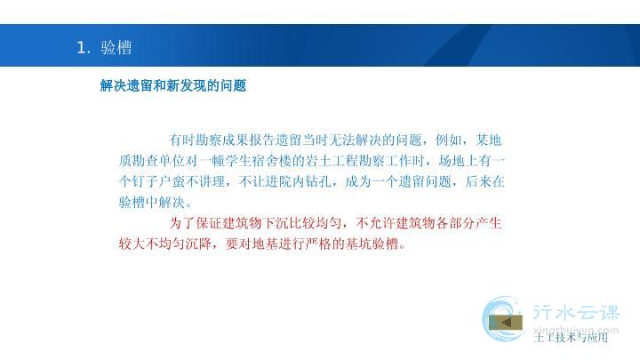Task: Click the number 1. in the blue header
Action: click(x=84, y=47)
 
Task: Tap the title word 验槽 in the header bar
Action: click(x=116, y=47)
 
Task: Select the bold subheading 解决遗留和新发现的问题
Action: click(x=173, y=85)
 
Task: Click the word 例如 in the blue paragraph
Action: click(x=448, y=140)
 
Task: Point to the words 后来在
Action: click(x=485, y=181)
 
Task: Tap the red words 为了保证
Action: click(x=196, y=223)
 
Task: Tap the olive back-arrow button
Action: click(x=506, y=323)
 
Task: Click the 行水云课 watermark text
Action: click(x=576, y=313)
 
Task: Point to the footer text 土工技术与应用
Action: click(x=571, y=337)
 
